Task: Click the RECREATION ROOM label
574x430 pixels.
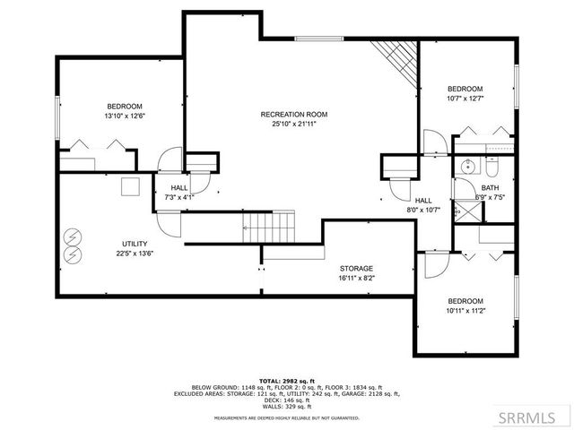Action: point(293,114)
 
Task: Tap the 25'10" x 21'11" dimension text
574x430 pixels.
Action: point(293,125)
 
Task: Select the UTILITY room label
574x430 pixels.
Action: point(135,244)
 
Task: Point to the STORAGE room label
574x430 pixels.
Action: point(356,268)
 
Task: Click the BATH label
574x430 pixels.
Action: point(489,187)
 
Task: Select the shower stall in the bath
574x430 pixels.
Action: point(466,211)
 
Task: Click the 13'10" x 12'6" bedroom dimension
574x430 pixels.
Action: point(126,116)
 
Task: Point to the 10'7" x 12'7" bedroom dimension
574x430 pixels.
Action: point(465,99)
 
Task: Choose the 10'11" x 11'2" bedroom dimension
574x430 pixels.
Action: point(465,311)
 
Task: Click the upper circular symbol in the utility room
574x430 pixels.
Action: point(72,237)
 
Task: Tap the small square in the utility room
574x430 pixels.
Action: point(131,186)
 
